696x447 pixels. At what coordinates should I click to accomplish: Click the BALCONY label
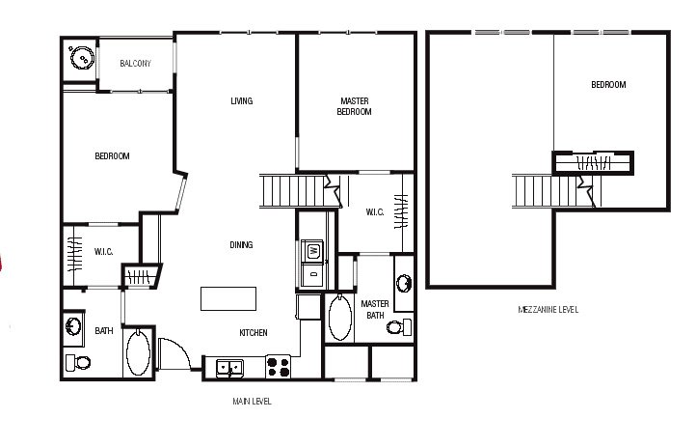point(135,64)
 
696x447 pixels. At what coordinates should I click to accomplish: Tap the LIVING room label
point(241,100)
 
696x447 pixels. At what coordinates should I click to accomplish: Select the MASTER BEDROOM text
point(354,106)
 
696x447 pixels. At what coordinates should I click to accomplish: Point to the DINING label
point(241,245)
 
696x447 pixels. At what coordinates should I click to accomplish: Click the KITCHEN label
point(254,333)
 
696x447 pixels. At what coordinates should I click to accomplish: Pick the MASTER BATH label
point(375,310)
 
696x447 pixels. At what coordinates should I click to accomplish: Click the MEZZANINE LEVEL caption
point(549,310)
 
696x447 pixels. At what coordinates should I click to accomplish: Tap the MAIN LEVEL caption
point(252,402)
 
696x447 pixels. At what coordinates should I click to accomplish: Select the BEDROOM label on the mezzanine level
point(608,84)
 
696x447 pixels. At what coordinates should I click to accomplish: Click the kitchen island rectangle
point(228,298)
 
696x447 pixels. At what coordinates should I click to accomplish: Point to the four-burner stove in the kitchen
point(279,367)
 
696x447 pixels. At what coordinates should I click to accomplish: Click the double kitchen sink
point(229,369)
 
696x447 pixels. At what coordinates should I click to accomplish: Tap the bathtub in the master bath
point(340,318)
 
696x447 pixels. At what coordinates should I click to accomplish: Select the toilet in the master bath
point(399,327)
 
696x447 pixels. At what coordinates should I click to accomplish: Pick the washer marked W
point(312,251)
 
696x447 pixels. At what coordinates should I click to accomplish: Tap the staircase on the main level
point(301,191)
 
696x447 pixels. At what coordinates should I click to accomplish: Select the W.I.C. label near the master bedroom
point(375,212)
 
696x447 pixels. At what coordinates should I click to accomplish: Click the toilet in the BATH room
point(78,363)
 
